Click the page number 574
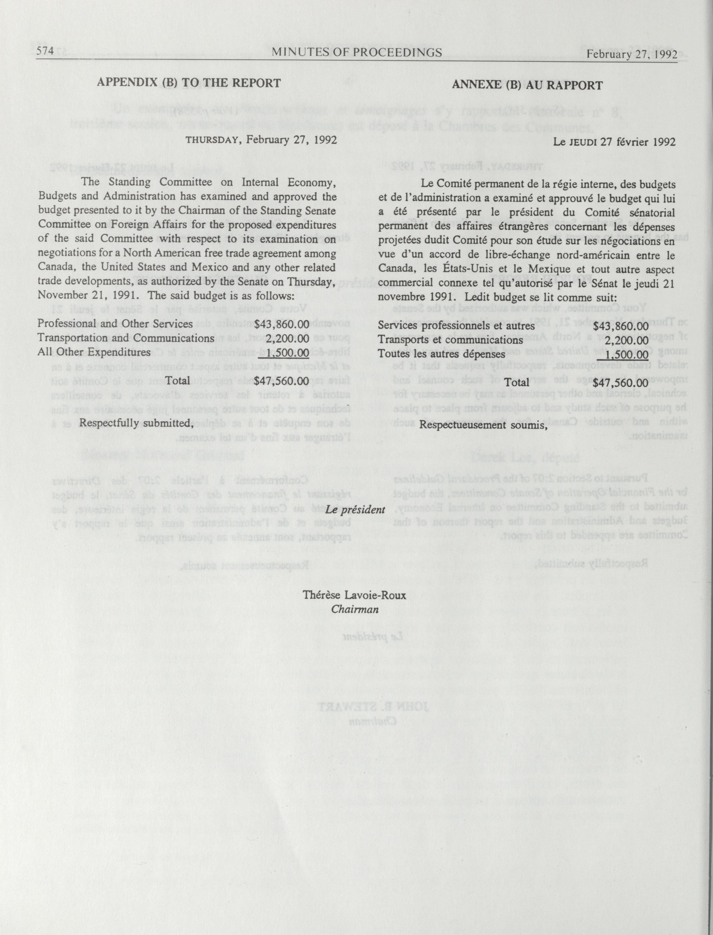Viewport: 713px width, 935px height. (45, 52)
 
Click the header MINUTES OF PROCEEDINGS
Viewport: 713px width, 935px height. (356, 52)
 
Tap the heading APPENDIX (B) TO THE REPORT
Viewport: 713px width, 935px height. (189, 83)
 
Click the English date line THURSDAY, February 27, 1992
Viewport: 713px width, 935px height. (261, 140)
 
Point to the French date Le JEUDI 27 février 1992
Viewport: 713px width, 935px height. (614, 142)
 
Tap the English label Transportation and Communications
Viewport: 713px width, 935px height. (126, 338)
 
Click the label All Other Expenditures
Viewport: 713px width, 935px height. (94, 352)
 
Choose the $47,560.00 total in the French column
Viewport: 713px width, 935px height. (620, 382)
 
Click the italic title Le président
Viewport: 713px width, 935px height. (355, 509)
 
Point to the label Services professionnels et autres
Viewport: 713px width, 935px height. (456, 326)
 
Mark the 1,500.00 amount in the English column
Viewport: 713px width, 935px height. (287, 352)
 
